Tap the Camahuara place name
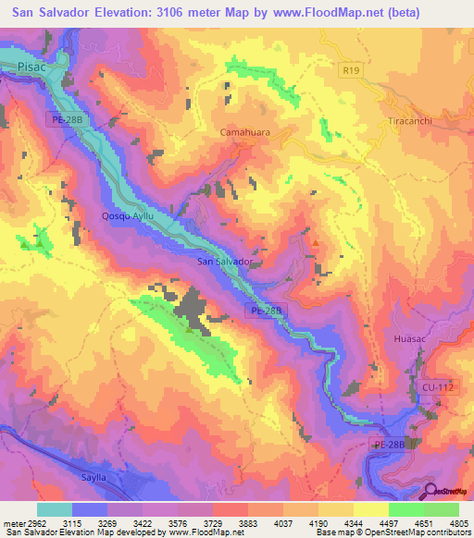pos(244,132)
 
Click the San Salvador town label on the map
pos(226,262)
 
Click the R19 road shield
pos(349,68)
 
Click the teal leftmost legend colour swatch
pos(54,508)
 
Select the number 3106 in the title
pos(181,12)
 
